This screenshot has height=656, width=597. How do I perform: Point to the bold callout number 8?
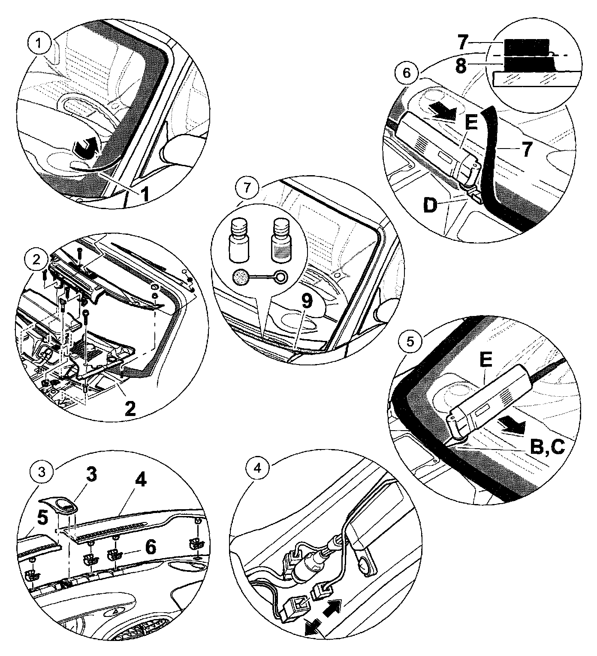[x=461, y=67]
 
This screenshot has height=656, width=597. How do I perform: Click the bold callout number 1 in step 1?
[x=145, y=193]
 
